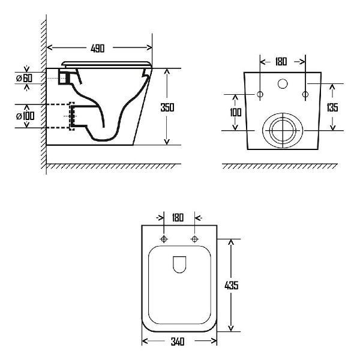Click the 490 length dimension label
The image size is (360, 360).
click(x=98, y=49)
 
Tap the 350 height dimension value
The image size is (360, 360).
click(x=167, y=107)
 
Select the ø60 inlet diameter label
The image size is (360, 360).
click(x=25, y=78)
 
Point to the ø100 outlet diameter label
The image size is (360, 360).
click(x=25, y=116)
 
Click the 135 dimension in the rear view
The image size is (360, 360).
click(x=332, y=107)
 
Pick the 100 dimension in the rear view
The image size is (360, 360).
click(x=236, y=112)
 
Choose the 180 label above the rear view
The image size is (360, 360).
click(x=281, y=62)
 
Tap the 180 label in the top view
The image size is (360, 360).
click(x=178, y=217)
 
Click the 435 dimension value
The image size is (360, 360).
click(x=232, y=285)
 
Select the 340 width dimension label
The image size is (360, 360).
click(x=178, y=341)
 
